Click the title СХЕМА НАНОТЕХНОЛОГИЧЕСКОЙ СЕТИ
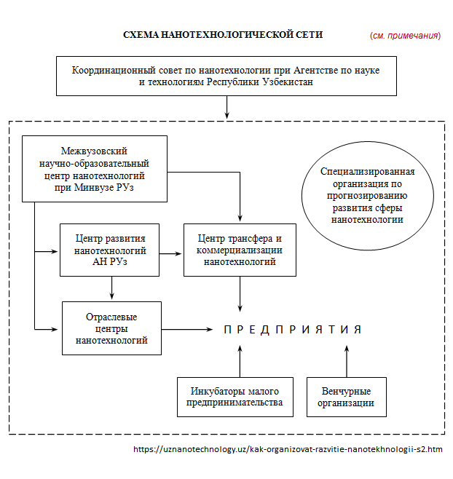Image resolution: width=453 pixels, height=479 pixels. pos(223,35)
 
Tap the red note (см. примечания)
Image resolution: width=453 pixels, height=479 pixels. pos(405,36)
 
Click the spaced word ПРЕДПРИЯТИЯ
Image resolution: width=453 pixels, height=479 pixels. pos(293,330)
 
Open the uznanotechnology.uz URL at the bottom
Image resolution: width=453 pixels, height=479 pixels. pos(288,449)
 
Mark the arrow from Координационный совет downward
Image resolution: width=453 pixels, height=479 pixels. pos(227,107)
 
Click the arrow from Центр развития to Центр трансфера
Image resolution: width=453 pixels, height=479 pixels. pos(170,253)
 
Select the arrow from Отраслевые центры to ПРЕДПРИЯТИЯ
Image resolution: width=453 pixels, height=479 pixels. pos(187,329)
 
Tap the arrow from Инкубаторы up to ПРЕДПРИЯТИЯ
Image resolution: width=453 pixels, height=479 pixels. pos(240,361)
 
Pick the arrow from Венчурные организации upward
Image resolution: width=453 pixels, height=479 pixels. pos(347,361)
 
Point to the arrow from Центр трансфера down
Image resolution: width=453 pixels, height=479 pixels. pos(240,294)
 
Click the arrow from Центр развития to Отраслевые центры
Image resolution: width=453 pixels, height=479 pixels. pos(112,288)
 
